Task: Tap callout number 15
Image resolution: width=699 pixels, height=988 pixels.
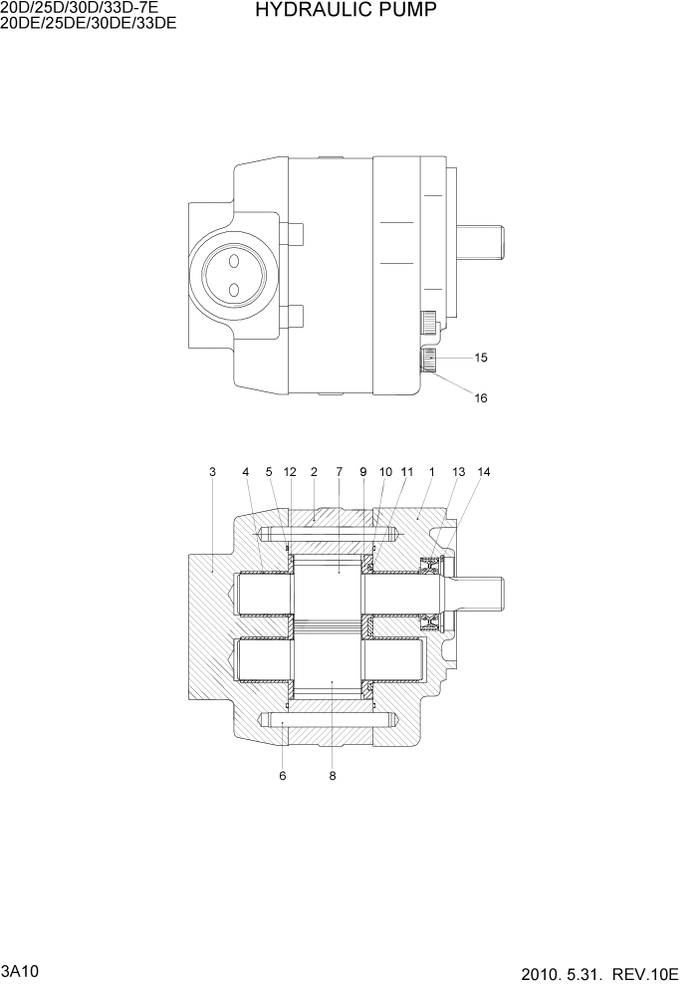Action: pos(481,357)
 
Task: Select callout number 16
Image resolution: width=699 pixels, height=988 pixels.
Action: pos(481,398)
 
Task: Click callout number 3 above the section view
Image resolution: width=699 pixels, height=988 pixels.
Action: pos(212,471)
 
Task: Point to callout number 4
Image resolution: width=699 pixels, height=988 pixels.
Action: pos(245,471)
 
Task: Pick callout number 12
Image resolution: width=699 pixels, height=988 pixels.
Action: pos(290,471)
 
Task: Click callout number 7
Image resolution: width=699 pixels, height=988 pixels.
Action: pos(339,471)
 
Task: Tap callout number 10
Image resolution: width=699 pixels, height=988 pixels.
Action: pos(385,471)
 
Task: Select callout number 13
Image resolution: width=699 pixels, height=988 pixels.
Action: pos(458,471)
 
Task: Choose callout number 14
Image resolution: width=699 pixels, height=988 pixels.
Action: pos(484,471)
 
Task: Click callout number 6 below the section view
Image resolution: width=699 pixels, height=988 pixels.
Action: pos(283,776)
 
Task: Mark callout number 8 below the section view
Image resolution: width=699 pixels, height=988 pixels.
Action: pos(332,776)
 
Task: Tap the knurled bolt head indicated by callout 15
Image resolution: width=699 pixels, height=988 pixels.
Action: pos(429,358)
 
